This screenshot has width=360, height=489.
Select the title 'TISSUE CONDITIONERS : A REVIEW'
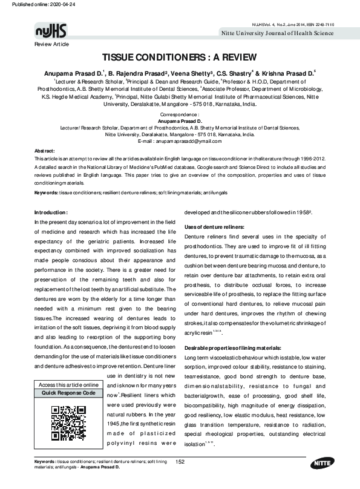point(180,60)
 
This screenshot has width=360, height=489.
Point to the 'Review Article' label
point(52,45)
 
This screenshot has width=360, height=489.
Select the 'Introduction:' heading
point(55,212)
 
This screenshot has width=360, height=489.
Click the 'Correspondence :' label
point(180,114)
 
